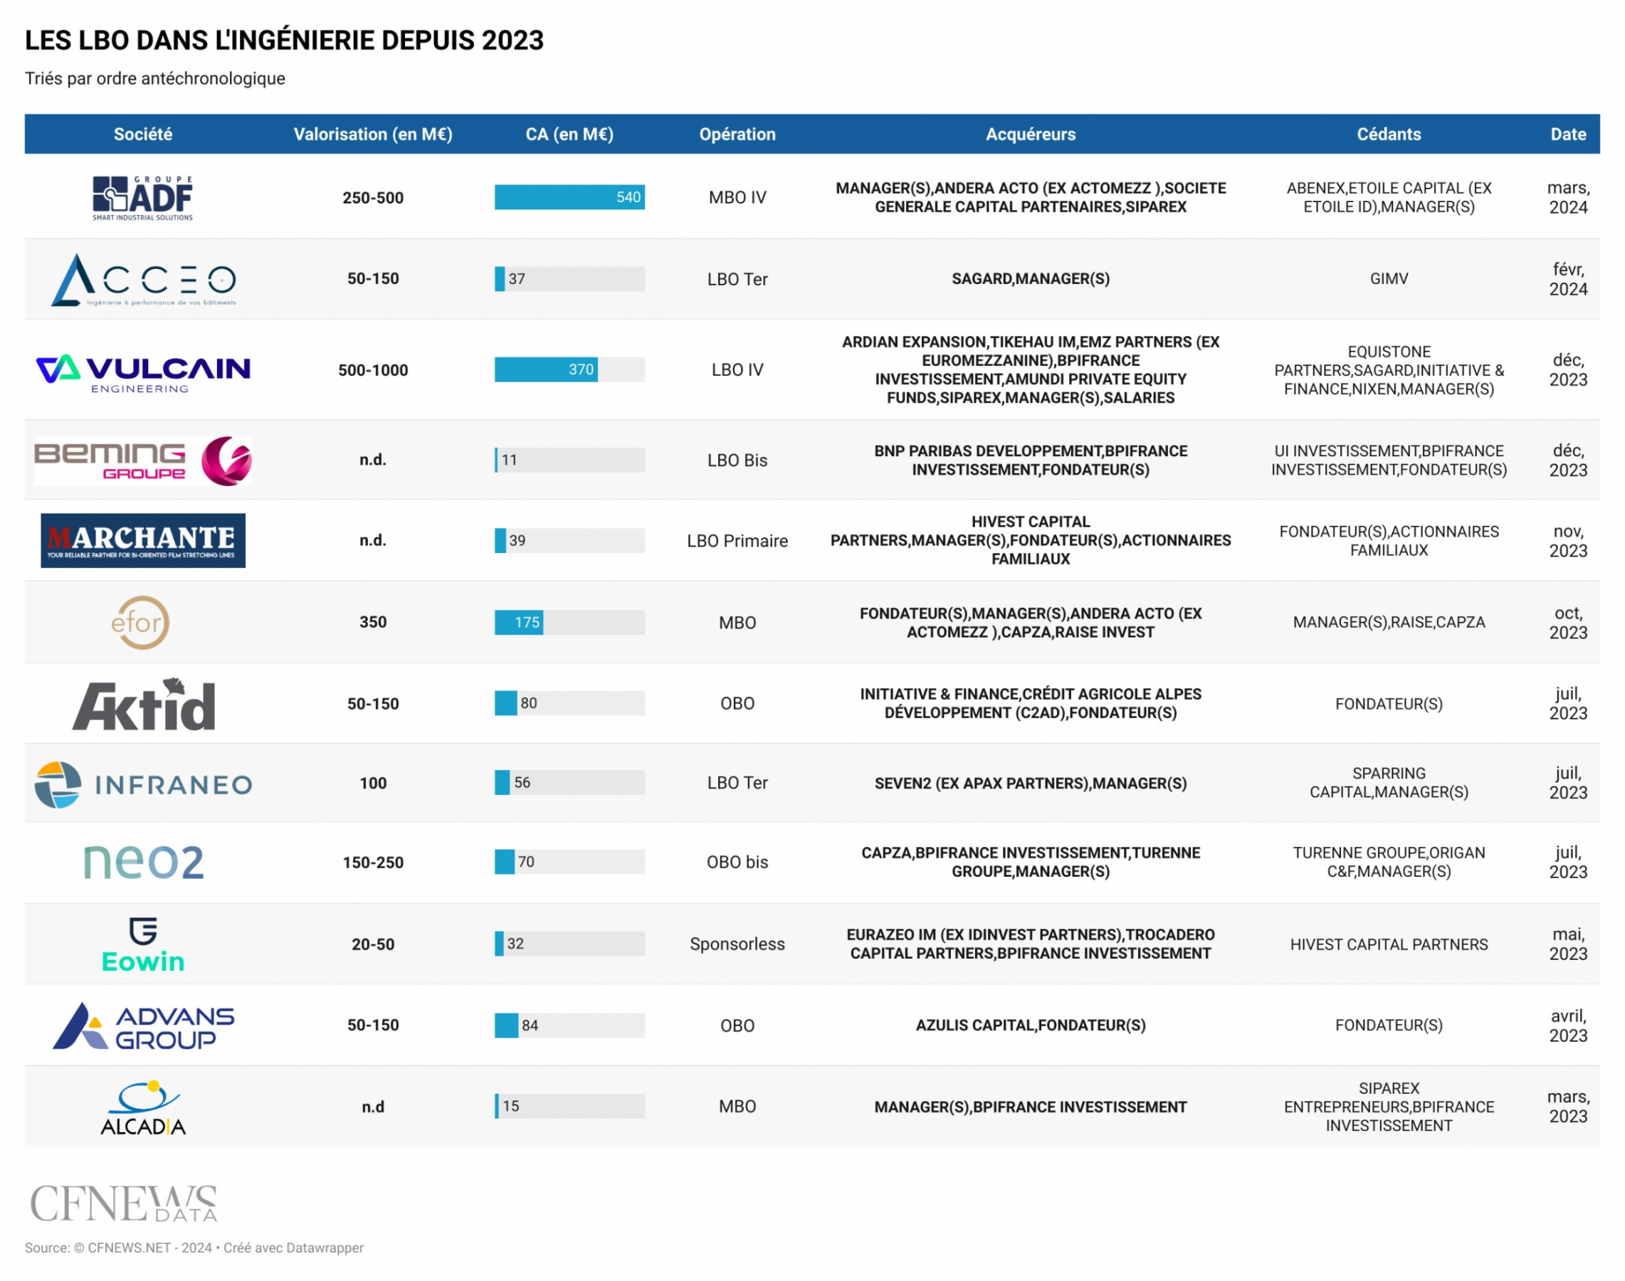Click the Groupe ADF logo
coord(142,198)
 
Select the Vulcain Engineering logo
coord(142,373)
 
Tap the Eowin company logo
coord(142,945)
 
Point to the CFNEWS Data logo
coord(124,1203)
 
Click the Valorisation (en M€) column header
coord(373,135)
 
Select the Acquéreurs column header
coord(1031,135)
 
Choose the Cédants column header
coord(1389,135)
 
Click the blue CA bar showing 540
coord(569,197)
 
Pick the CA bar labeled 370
coord(546,370)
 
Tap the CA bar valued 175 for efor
coord(519,623)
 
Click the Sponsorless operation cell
coord(737,944)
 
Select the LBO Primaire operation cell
coord(737,542)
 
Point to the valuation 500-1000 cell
coord(373,371)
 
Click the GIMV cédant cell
coord(1389,279)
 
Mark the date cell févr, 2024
coord(1568,279)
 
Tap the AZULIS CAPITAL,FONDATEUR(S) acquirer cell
coord(1031,1026)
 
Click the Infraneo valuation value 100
coord(373,784)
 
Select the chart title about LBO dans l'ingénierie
coord(284,41)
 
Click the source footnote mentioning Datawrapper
coord(194,1248)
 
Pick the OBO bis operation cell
coord(737,863)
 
